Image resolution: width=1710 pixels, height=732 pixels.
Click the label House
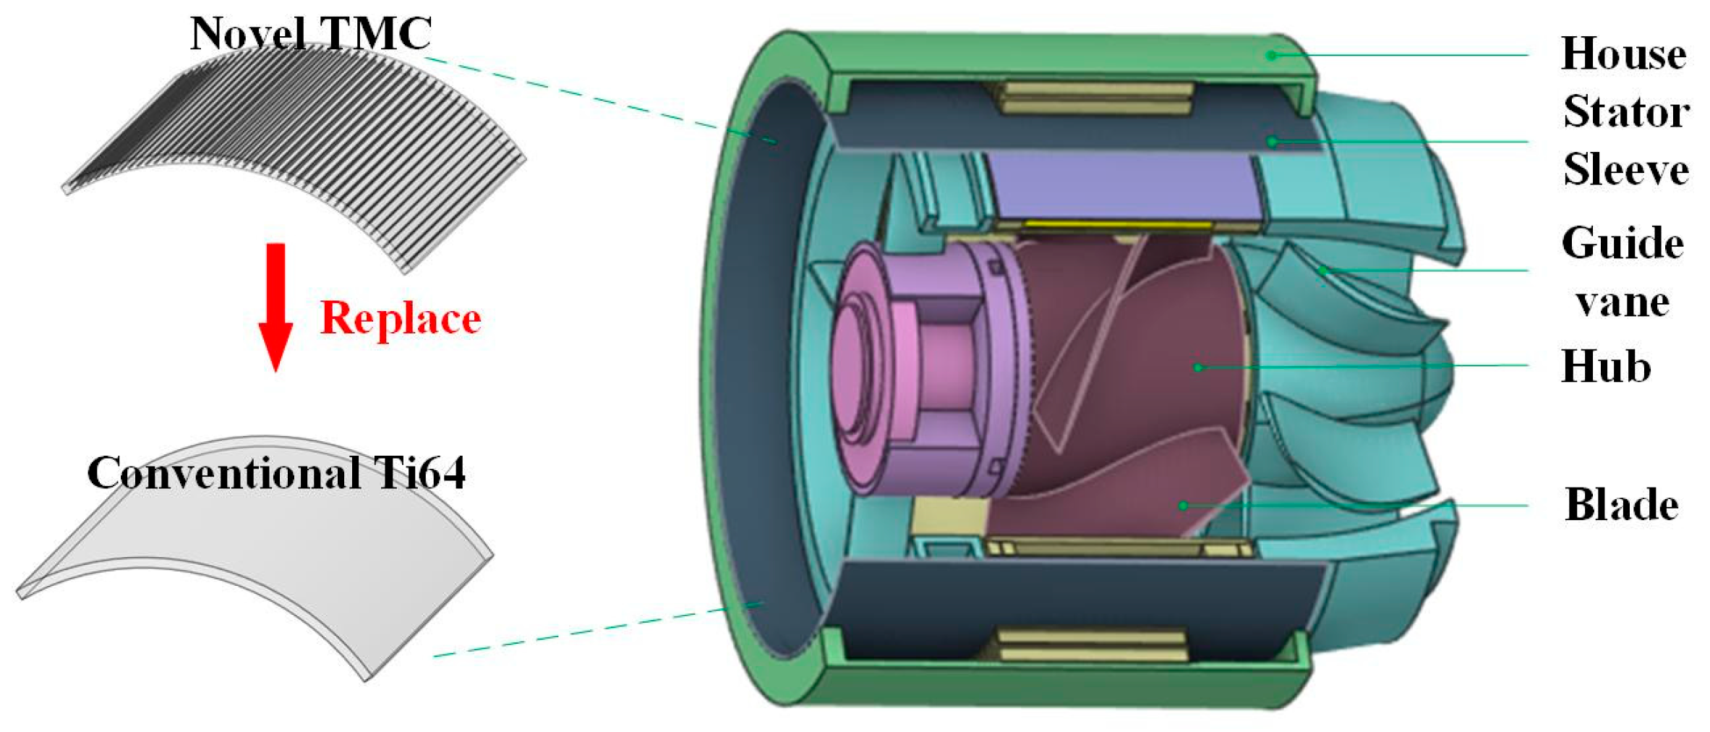[1624, 54]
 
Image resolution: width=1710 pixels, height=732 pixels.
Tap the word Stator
[1626, 112]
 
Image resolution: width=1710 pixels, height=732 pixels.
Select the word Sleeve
[1626, 170]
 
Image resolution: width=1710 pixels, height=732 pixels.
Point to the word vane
[1623, 302]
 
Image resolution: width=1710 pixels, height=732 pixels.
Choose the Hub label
[1606, 367]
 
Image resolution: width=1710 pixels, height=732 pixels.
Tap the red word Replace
[401, 319]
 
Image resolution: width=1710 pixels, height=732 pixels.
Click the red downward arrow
[275, 307]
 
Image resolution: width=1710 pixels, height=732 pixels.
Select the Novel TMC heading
[311, 33]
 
